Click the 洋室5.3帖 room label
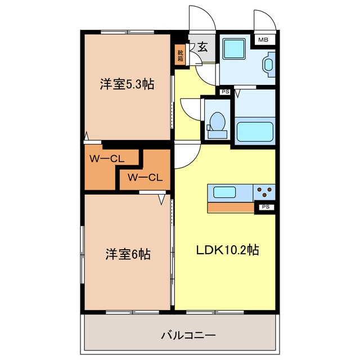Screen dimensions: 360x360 [127, 84]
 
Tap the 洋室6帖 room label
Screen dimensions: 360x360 [127, 254]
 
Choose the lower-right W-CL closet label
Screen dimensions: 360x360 [145, 178]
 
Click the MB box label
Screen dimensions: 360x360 [263, 40]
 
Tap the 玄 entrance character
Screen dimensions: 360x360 [202, 47]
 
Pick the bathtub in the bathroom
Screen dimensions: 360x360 [255, 131]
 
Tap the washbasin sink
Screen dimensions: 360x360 [268, 65]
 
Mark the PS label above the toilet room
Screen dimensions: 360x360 [224, 92]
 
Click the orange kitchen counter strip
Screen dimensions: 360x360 [231, 208]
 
